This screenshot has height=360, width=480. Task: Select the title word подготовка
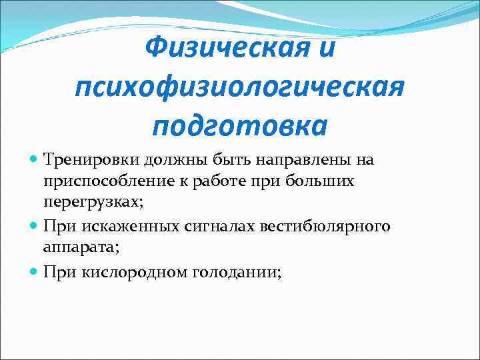tap(239, 125)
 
